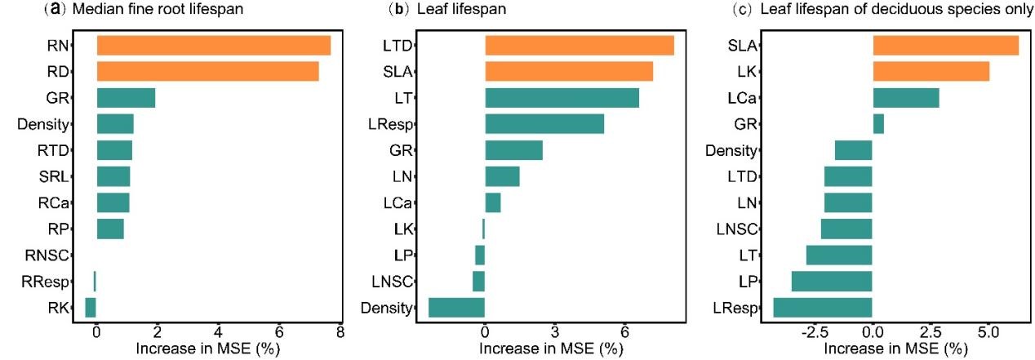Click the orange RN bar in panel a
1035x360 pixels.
pyautogui.click(x=213, y=46)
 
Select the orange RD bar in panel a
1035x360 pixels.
pyautogui.click(x=207, y=72)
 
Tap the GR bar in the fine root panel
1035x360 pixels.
pyautogui.click(x=126, y=98)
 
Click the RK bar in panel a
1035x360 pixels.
pyautogui.click(x=91, y=307)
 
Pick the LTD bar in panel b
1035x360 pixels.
pyautogui.click(x=580, y=46)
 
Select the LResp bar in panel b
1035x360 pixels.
pyautogui.click(x=544, y=124)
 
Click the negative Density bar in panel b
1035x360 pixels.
pyautogui.click(x=456, y=307)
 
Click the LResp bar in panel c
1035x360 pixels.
pyautogui.click(x=823, y=307)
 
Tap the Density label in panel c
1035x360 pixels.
pyautogui.click(x=732, y=150)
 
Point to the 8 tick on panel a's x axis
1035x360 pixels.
pyautogui.click(x=340, y=333)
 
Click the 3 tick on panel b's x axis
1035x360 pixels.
pyautogui.click(x=554, y=333)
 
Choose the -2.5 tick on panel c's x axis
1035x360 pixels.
pyautogui.click(x=815, y=333)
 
